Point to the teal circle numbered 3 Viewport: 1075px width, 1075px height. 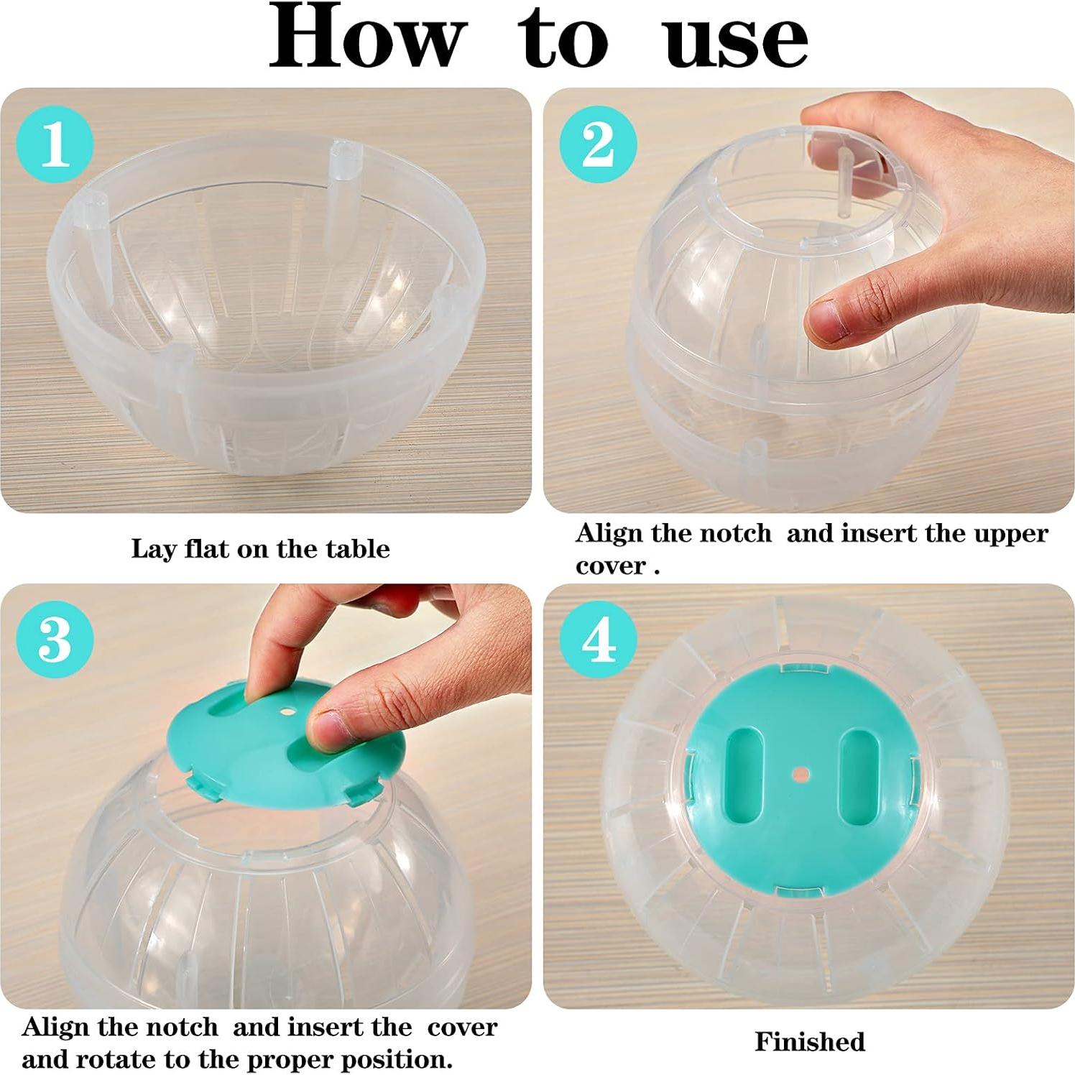pyautogui.click(x=55, y=639)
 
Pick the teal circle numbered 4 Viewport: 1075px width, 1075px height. pyautogui.click(x=598, y=639)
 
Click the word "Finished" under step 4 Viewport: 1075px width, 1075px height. pyautogui.click(x=809, y=1042)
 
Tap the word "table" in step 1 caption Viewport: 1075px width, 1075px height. pyautogui.click(x=357, y=549)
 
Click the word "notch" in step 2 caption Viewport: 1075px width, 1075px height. pyautogui.click(x=734, y=534)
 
